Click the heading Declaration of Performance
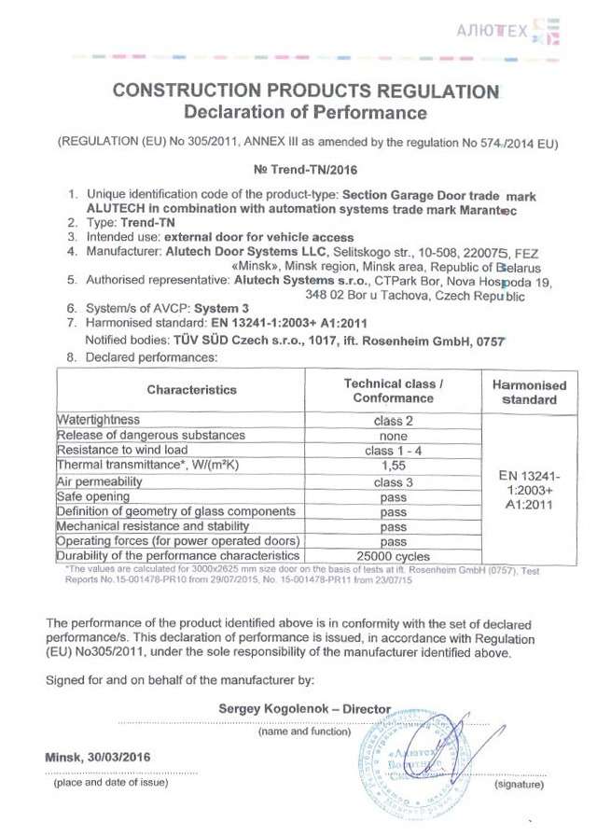[x=305, y=113]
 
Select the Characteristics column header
[x=192, y=389]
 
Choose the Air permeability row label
[x=102, y=481]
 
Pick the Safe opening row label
[x=93, y=496]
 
